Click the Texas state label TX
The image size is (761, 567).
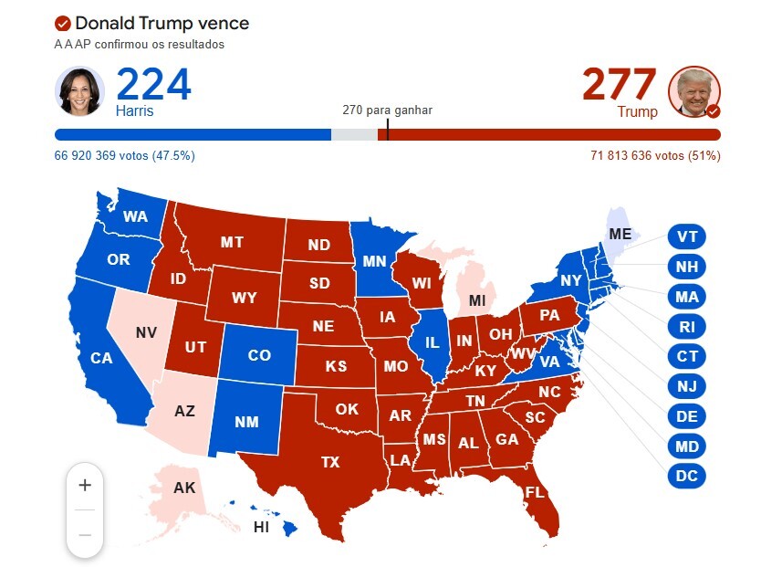coord(330,462)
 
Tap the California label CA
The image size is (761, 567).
coord(101,358)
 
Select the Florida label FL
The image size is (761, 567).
coord(536,493)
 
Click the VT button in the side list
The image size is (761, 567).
coord(686,236)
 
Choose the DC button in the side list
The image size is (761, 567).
coord(686,476)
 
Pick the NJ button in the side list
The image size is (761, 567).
coord(686,386)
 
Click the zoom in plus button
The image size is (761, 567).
coord(85,485)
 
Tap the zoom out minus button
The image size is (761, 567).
coord(85,534)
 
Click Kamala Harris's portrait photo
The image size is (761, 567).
coord(80,91)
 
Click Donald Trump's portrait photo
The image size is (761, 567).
coord(694,91)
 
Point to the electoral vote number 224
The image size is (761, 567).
coord(153,85)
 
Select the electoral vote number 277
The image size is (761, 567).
coord(619,85)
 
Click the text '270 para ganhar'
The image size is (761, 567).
coord(387,110)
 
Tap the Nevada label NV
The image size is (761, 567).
coord(146,332)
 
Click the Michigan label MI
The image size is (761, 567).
coord(477,300)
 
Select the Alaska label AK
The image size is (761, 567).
coord(184,488)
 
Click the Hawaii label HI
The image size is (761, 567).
coord(261,527)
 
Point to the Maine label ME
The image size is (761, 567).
coord(620,234)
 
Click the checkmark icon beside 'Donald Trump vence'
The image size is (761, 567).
coord(63,24)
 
